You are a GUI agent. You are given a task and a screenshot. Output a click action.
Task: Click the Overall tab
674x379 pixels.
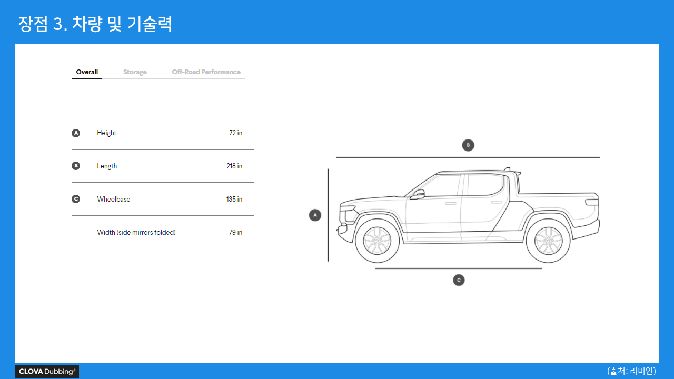point(87,72)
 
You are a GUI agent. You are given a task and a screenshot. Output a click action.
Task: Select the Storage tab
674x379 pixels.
point(135,72)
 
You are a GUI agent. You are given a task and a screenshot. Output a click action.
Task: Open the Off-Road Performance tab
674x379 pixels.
point(206,72)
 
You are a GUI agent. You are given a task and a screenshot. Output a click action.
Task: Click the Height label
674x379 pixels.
point(106,133)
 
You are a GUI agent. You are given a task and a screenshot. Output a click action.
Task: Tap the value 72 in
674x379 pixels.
point(235,133)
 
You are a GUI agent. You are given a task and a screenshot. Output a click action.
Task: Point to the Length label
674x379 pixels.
point(107,166)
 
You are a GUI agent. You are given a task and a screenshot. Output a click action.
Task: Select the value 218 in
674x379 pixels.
point(234,166)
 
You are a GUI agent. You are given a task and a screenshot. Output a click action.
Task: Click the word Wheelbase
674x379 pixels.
point(113,200)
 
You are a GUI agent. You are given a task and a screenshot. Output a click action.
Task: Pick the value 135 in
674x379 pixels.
point(234,200)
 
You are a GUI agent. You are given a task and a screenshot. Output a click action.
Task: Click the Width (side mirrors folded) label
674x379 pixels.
point(136,233)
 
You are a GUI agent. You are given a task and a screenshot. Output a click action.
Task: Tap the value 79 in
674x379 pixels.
point(235,233)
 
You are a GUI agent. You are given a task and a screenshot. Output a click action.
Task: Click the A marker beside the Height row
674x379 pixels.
point(76,133)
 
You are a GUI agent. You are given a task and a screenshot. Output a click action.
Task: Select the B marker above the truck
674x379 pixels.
point(468,145)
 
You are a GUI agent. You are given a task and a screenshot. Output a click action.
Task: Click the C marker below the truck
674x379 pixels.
point(459,280)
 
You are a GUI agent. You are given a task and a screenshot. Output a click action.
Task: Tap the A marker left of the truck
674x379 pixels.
point(315,215)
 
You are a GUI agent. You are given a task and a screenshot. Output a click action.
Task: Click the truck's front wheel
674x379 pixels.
point(377,241)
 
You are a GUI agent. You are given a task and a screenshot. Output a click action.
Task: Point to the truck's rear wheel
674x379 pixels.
point(548,241)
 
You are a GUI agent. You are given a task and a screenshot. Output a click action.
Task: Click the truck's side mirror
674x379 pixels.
point(418,194)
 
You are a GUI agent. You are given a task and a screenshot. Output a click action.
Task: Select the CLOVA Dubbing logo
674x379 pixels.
point(47,372)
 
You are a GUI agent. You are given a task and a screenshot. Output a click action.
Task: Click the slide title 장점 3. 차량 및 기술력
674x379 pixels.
point(95,24)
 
